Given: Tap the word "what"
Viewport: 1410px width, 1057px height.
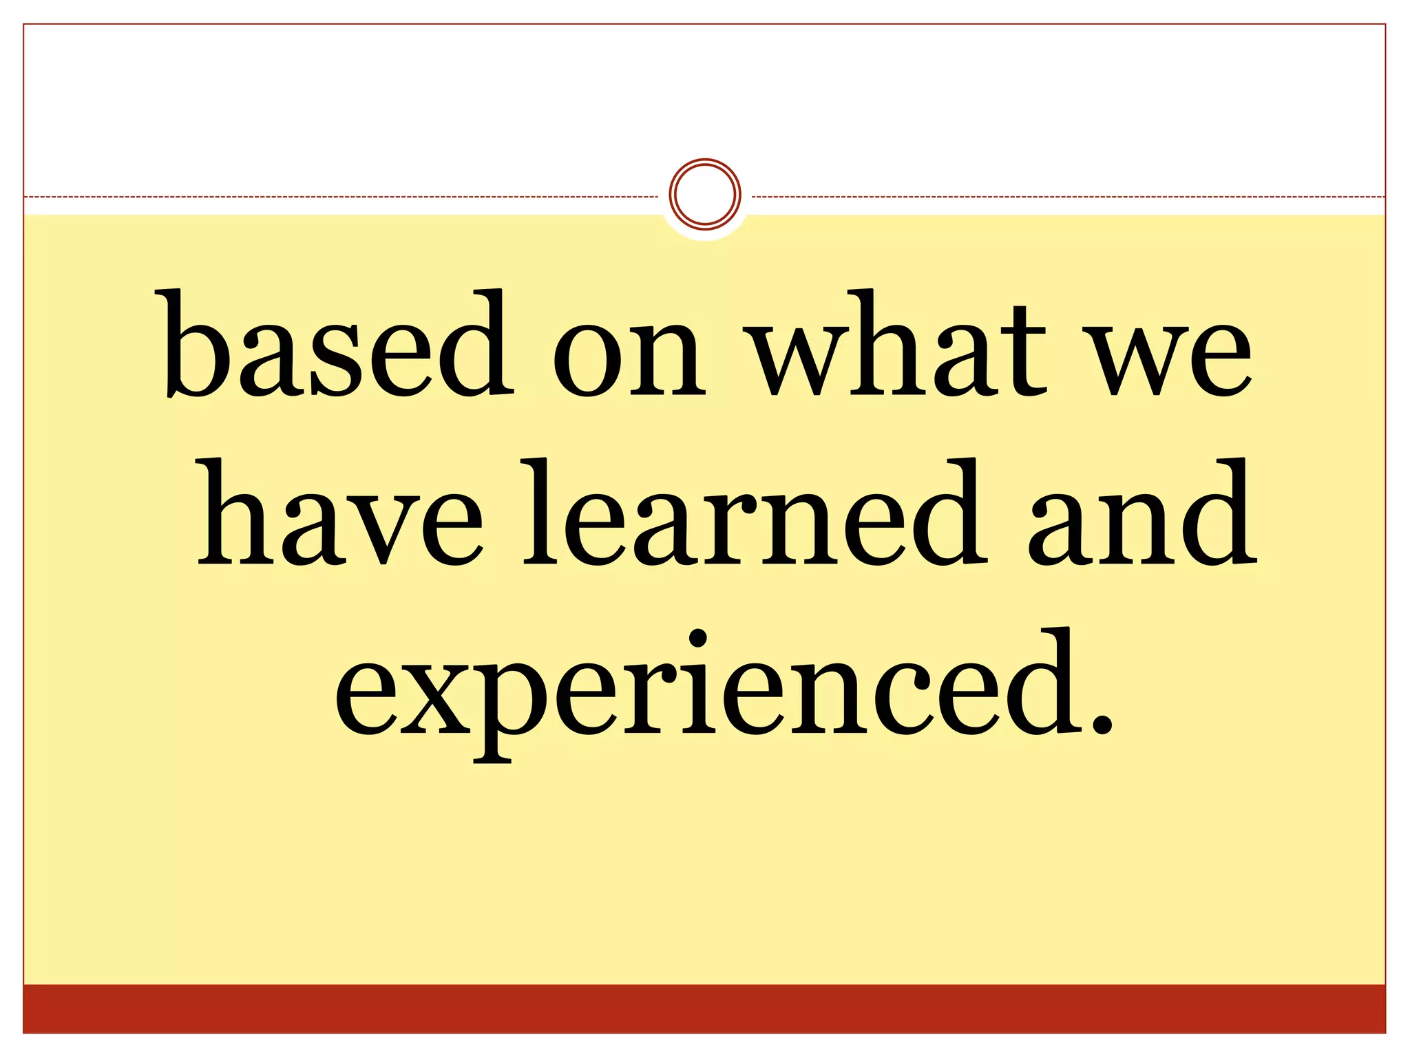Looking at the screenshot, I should coord(898,344).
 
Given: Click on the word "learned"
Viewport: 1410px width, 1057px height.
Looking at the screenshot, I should coord(753,513).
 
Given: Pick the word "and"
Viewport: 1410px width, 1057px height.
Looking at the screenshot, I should coord(1143,513).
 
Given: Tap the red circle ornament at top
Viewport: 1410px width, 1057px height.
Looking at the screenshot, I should coord(704,194).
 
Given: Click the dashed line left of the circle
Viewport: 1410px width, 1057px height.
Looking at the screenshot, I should coord(344,197).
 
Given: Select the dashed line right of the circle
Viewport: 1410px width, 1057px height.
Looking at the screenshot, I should coord(1067,197).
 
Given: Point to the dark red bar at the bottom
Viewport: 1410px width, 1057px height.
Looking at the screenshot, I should coord(704,1009).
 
